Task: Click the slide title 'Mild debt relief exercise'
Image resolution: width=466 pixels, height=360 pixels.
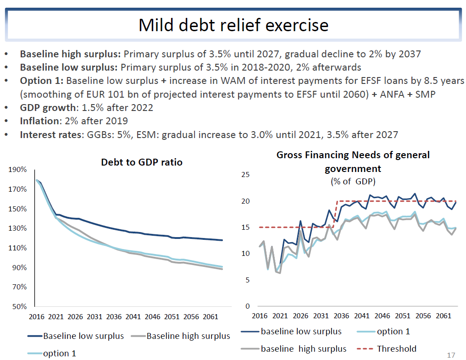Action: [233, 25]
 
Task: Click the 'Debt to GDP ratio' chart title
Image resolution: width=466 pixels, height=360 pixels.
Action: [142, 162]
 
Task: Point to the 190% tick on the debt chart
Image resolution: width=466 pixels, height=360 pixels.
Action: [17, 170]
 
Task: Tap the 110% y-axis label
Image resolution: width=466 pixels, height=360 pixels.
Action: [17, 248]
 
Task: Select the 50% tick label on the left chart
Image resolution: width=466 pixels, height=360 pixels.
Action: [19, 306]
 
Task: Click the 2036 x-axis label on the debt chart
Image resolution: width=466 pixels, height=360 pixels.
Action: [113, 316]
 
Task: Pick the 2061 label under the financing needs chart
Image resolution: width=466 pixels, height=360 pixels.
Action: [443, 316]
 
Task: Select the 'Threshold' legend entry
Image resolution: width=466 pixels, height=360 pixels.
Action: [396, 349]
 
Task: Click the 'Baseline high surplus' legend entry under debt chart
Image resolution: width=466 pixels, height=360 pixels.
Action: [188, 336]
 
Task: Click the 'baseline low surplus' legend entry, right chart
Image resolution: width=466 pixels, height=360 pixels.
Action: [301, 331]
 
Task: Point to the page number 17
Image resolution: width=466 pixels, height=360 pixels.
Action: [451, 355]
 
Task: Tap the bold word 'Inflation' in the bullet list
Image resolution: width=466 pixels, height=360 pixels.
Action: [38, 122]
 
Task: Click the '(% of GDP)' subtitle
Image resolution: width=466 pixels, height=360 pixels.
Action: [353, 181]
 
